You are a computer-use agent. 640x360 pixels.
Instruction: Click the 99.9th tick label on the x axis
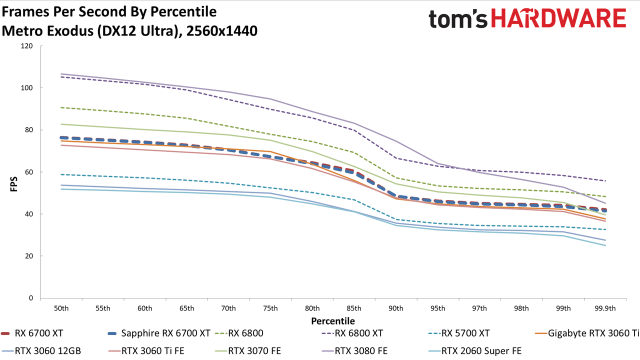605,308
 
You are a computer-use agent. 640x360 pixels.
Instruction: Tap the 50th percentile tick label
61,308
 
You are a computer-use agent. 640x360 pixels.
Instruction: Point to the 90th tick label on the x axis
395,308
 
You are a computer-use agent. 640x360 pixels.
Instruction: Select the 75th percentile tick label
270,308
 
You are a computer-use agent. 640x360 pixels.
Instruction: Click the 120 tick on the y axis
27,45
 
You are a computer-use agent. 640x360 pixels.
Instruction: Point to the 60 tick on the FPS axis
29,172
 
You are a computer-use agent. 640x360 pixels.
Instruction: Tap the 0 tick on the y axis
31,298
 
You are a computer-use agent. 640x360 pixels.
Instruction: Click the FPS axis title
13,184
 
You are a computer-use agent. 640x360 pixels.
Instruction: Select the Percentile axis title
333,321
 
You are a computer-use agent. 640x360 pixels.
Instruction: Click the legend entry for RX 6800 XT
352,333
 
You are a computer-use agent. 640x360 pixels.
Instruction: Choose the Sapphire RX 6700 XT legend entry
159,333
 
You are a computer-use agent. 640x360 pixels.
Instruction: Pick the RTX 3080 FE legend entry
354,350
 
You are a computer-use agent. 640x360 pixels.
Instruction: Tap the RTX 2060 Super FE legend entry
475,350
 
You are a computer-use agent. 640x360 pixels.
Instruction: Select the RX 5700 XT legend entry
459,333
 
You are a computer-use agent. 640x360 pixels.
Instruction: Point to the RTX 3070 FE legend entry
248,350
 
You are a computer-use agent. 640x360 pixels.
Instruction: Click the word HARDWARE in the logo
558,19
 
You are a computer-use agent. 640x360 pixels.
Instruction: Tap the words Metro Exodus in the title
47,31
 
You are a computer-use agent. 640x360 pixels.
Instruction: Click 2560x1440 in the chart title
221,31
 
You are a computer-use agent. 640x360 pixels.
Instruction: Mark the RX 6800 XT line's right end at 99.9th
605,181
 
